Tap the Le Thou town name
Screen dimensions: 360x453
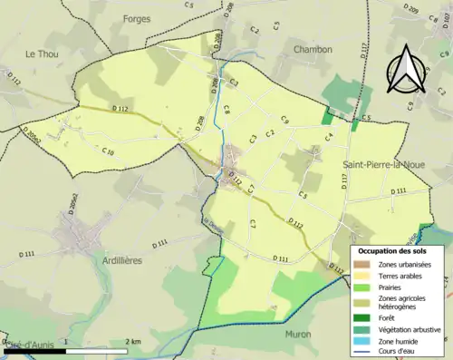(x=42, y=54)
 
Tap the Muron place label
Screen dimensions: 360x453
(x=301, y=333)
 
